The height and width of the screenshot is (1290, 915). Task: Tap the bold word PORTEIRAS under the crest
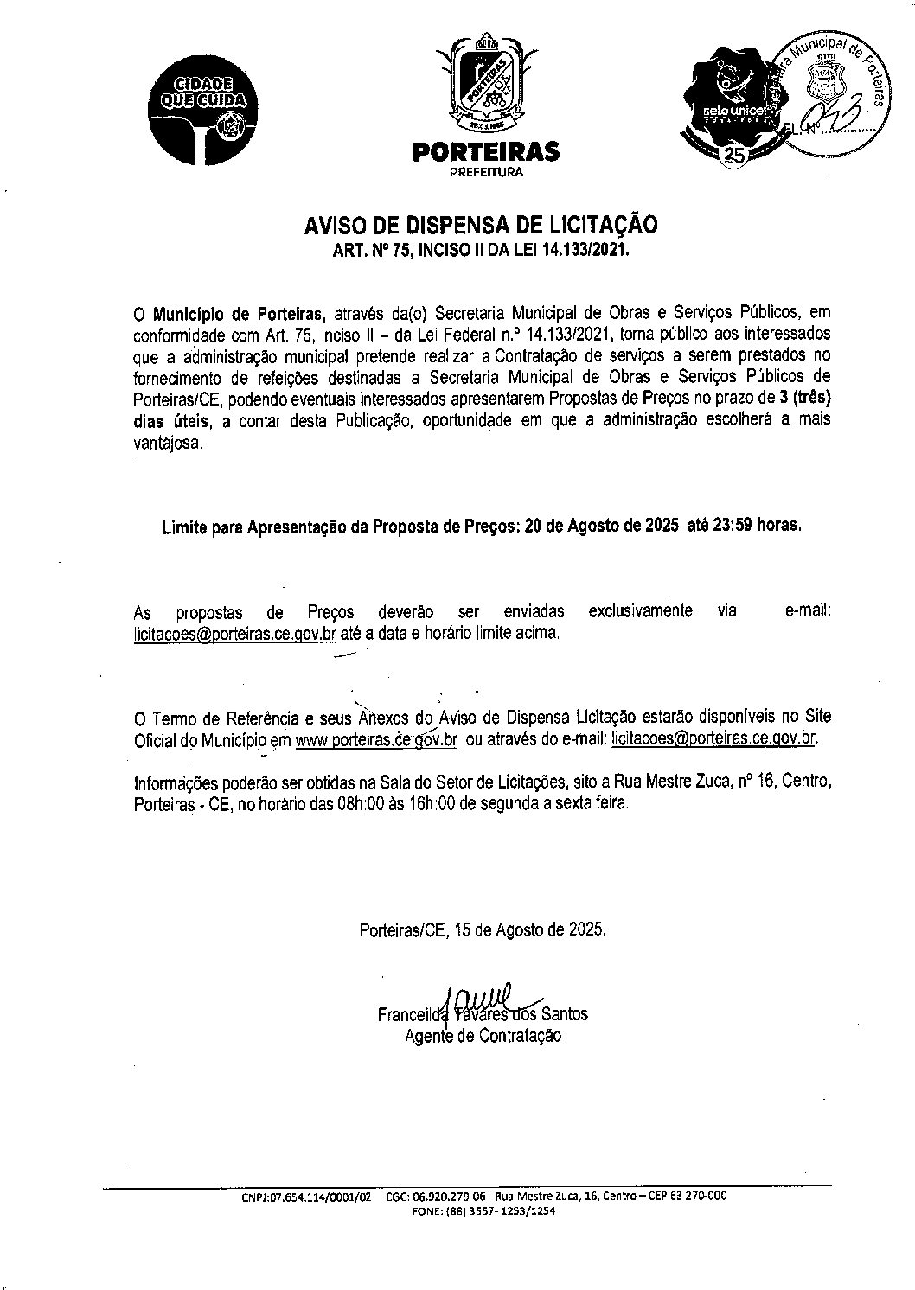pyautogui.click(x=485, y=152)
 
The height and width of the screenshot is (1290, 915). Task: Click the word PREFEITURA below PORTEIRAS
pyautogui.click(x=485, y=172)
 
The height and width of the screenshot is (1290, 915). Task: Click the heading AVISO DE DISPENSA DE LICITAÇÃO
pyautogui.click(x=480, y=225)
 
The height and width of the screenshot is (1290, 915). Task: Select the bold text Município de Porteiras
pyautogui.click(x=239, y=312)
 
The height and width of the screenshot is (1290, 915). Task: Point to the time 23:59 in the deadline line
pyautogui.click(x=733, y=527)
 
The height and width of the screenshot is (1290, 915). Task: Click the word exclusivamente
pyautogui.click(x=640, y=610)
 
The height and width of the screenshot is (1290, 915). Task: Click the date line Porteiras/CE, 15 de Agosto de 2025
pyautogui.click(x=483, y=930)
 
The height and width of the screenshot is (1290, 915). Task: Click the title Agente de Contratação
pyautogui.click(x=483, y=1036)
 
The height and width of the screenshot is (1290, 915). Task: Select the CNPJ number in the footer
pyautogui.click(x=307, y=1197)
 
